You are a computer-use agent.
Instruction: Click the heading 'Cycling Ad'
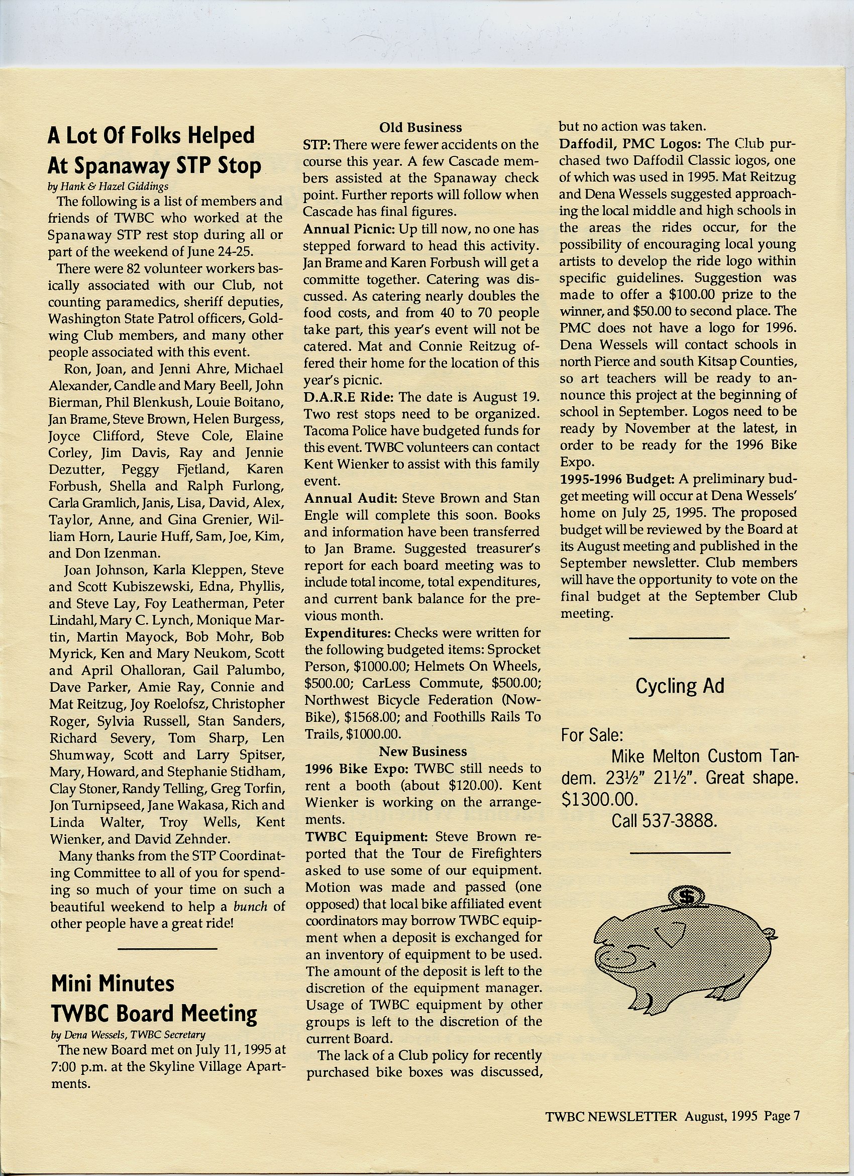coord(679,686)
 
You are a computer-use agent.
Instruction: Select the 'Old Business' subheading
coord(420,128)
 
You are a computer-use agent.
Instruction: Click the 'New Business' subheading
coord(423,751)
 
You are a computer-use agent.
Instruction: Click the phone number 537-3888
coord(680,821)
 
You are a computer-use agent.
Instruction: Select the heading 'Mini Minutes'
coord(113,983)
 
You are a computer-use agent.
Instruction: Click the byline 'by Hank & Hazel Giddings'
coord(108,187)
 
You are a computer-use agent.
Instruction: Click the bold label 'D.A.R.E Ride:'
coord(349,397)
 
